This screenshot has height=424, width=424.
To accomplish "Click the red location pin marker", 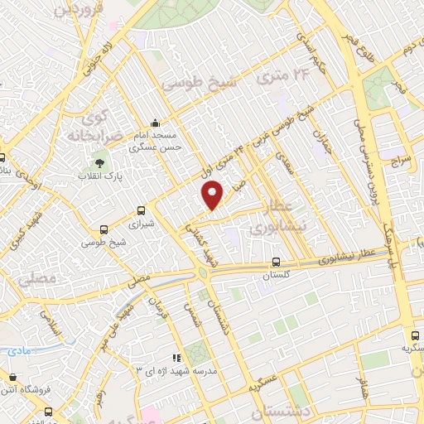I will click(x=214, y=195).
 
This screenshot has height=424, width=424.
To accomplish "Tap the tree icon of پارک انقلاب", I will click(x=100, y=163).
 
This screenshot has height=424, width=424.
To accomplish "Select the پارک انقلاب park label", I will click(x=99, y=176).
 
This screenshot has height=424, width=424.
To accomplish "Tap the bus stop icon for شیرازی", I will click(x=141, y=211).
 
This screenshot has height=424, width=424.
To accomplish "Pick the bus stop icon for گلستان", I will click(x=287, y=262).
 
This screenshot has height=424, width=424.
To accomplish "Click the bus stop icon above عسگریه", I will click(x=415, y=336).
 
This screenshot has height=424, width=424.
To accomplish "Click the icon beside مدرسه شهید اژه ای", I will click(x=176, y=357).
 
